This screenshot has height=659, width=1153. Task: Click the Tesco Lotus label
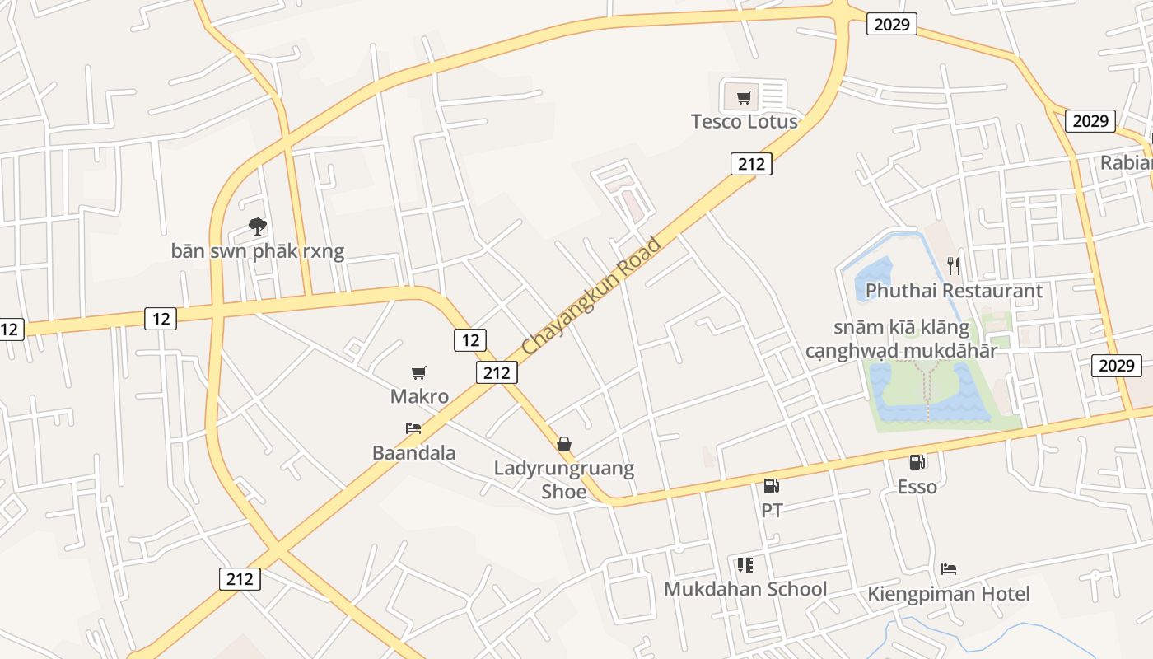(744, 122)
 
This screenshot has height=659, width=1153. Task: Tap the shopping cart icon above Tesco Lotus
(745, 98)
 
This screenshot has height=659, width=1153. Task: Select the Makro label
(419, 396)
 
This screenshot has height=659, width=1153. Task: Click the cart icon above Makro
(419, 372)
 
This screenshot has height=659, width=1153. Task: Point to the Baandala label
(413, 453)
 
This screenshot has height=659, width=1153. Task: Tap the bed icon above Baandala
(413, 428)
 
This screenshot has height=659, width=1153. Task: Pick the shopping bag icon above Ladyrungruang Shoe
(564, 445)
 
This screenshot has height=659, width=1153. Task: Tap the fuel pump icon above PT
(771, 487)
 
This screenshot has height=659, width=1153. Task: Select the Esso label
(917, 487)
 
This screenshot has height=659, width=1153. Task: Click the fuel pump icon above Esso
(917, 462)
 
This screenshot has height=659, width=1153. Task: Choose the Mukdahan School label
(745, 589)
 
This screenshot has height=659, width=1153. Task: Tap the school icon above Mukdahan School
(745, 565)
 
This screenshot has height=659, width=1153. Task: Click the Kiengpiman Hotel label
(948, 594)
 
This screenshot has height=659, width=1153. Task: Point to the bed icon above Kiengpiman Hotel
(949, 569)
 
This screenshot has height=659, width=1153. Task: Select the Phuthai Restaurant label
(954, 291)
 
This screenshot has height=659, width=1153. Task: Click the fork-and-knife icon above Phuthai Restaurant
(954, 265)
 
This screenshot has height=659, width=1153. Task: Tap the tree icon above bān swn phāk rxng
(258, 226)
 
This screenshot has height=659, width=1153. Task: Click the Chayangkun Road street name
(591, 297)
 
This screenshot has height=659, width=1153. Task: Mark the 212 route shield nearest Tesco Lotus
(751, 164)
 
